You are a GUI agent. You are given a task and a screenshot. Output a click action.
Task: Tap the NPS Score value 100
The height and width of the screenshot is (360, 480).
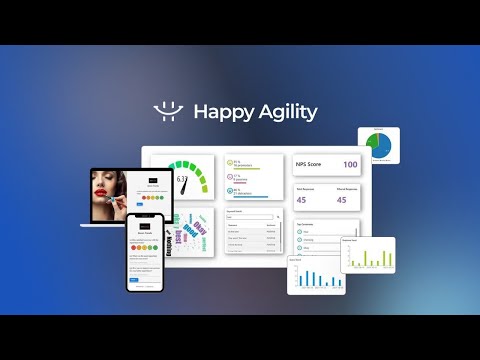click(x=350, y=164)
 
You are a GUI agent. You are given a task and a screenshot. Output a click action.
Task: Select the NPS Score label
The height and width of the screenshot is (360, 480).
click(x=310, y=164)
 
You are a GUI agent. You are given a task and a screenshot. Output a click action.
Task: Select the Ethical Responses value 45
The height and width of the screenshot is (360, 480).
click(x=342, y=200)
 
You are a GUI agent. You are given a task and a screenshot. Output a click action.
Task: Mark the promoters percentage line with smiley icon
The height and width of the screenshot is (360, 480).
click(x=250, y=162)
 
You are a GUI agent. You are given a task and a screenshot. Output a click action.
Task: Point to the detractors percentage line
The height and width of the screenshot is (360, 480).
click(x=250, y=192)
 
